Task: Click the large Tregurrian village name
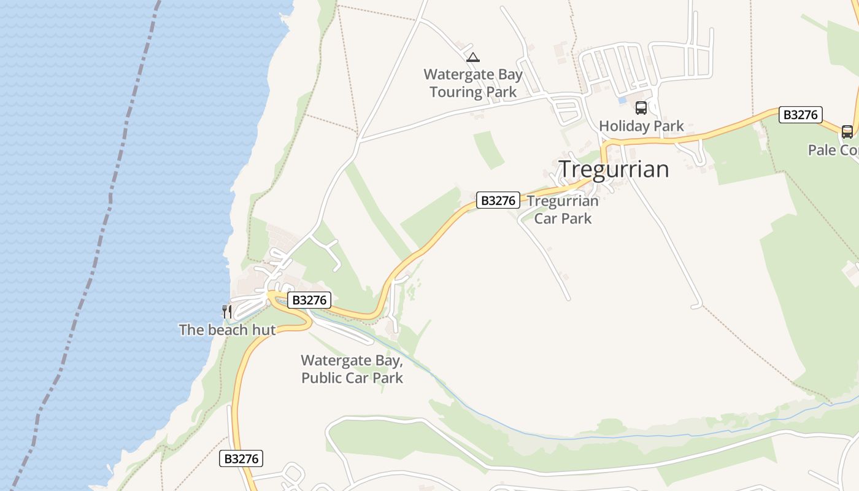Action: click(x=614, y=169)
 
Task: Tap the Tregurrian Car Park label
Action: click(x=563, y=209)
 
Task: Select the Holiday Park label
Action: click(x=641, y=126)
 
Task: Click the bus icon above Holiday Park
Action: click(x=641, y=108)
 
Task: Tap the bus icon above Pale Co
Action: click(x=847, y=131)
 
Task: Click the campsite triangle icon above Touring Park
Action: click(x=472, y=58)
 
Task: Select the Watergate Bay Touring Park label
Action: click(x=473, y=83)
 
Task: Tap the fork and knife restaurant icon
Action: click(x=227, y=311)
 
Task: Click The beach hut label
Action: click(x=227, y=330)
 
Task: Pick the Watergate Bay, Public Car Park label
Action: click(x=352, y=369)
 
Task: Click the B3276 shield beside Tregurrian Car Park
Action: click(x=498, y=200)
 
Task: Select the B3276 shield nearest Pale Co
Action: click(x=800, y=115)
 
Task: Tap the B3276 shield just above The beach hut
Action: click(x=309, y=300)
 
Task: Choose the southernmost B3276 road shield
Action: click(x=241, y=458)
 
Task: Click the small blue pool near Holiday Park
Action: click(x=622, y=99)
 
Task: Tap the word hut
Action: click(x=264, y=330)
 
